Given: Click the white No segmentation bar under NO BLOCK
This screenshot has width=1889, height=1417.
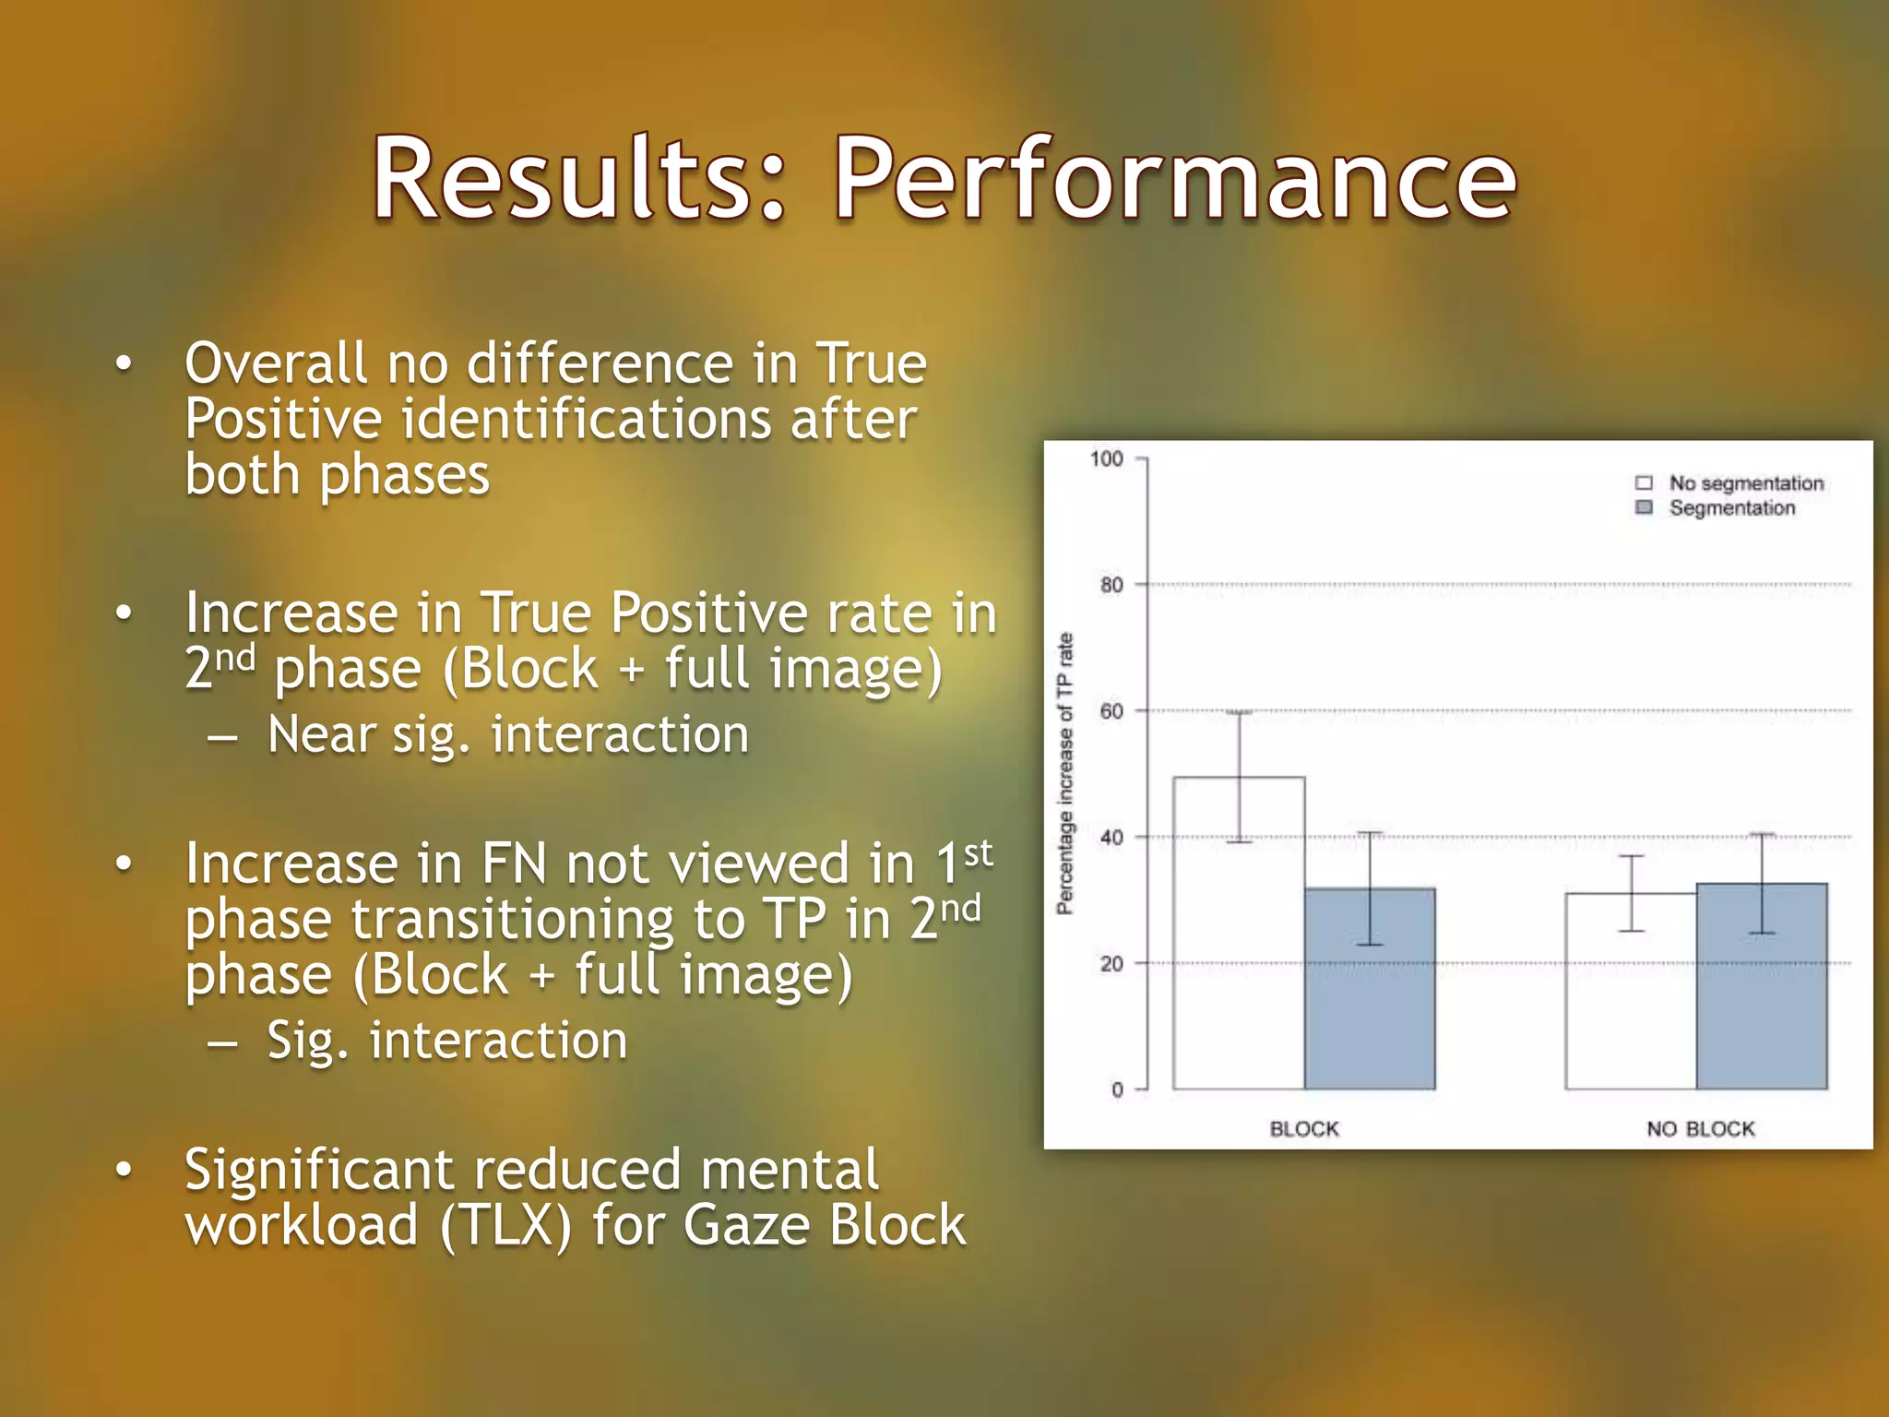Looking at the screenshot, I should tap(1631, 996).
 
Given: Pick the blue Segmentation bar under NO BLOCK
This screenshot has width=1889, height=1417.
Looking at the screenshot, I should tap(1762, 992).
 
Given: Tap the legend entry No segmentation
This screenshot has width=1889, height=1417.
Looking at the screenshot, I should tap(1745, 483).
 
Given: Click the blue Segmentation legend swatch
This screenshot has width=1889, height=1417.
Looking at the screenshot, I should tap(1644, 507).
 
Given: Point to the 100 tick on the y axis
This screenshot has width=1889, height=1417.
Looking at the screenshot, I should tap(1107, 458).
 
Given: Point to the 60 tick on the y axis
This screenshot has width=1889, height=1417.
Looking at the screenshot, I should tap(1111, 711).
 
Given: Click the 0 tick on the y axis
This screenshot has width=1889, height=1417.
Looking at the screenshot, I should tap(1117, 1090).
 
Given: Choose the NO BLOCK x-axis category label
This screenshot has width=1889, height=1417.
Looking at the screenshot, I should tap(1700, 1129).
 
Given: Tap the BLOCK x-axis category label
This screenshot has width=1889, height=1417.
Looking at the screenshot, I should tap(1303, 1129).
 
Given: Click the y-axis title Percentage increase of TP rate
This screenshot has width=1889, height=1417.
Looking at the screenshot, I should tap(1065, 773).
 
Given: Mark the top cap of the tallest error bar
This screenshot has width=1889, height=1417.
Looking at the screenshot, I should tap(1239, 712).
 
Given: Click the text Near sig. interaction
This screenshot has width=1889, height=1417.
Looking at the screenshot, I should tap(507, 735).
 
